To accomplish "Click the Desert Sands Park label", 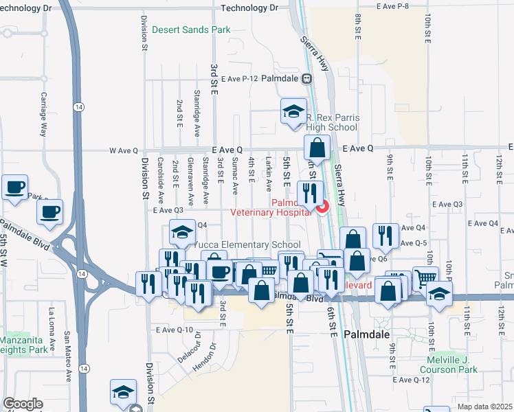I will pos(191,30).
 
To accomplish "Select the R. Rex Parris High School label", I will pos(332,122).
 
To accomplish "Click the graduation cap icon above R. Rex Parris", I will pos(293,112).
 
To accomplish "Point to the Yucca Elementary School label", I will pos(247,245).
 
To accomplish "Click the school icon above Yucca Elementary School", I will pos(182,233).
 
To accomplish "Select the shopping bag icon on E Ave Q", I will pos(317,148).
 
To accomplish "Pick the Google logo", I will pos(23,404).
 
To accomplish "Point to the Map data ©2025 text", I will pos(485,407).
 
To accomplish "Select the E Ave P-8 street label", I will pos(394,6).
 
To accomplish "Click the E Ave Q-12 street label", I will pos(411,380).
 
